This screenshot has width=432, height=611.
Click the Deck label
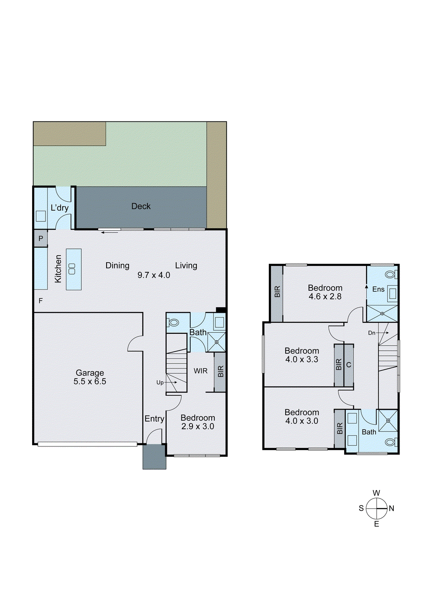click(141, 206)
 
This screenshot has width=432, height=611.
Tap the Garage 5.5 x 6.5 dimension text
click(90, 381)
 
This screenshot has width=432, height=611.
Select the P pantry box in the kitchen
click(41, 239)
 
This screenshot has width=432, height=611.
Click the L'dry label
click(60, 208)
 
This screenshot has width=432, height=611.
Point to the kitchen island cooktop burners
click(72, 269)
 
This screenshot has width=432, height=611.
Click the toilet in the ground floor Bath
click(173, 323)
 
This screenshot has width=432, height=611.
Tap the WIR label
click(201, 371)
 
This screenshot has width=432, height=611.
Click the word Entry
click(154, 419)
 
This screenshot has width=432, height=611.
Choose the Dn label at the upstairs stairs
click(372, 333)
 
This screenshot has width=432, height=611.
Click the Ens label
click(378, 289)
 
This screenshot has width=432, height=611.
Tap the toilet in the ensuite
click(390, 274)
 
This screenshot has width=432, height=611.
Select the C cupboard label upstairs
click(348, 365)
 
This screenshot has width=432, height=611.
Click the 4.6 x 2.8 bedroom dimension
click(325, 297)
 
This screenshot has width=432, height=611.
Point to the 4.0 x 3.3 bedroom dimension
click(302, 359)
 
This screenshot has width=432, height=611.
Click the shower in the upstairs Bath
click(388, 420)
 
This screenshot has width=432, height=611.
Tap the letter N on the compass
click(392, 508)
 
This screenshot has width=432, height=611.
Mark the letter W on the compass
click(376, 493)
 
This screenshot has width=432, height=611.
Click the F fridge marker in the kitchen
click(40, 301)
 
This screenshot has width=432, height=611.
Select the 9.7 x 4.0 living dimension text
click(154, 275)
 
